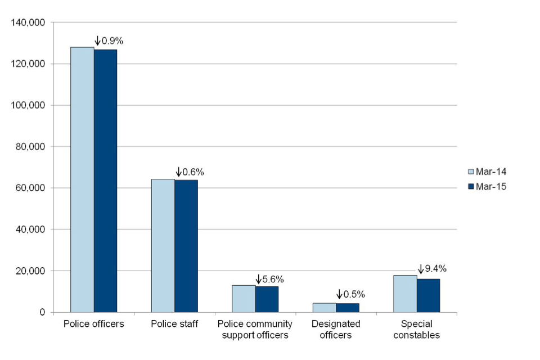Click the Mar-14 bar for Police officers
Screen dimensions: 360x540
tap(82, 179)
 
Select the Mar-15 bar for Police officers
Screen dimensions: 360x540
tap(105, 181)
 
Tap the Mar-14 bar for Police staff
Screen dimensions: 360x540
tap(163, 245)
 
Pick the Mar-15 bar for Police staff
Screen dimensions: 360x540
tap(186, 246)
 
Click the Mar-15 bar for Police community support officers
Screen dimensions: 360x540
tap(267, 299)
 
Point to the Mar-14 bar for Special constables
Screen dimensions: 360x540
tap(405, 294)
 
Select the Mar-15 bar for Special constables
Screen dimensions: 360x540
tap(428, 295)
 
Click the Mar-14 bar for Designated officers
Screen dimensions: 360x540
tap(325, 308)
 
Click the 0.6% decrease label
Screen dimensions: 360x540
tap(190, 172)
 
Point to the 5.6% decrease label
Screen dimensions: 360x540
tap(270, 279)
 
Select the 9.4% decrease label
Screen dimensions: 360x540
tap(432, 269)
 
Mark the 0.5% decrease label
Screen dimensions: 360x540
tap(351, 294)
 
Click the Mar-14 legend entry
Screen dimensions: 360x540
tap(487, 172)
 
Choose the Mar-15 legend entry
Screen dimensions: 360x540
tap(487, 187)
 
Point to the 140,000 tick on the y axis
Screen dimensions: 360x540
tap(28, 23)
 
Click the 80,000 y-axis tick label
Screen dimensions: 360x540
tap(30, 147)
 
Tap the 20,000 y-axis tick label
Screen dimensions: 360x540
tap(30, 271)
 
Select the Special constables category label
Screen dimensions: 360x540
tap(417, 330)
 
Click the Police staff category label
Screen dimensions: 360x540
tap(174, 324)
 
